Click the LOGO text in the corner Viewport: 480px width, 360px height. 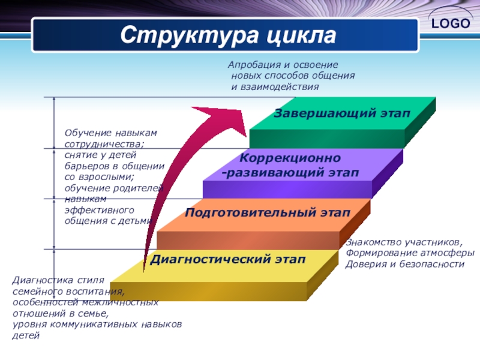point(449,23)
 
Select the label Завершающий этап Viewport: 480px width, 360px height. point(342,113)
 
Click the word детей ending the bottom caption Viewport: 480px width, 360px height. point(26,335)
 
